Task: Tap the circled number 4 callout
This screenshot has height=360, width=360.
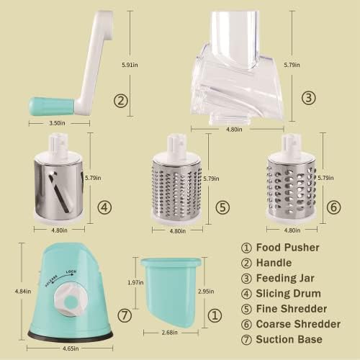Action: [x=105, y=207]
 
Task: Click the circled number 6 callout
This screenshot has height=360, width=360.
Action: [x=333, y=206]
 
